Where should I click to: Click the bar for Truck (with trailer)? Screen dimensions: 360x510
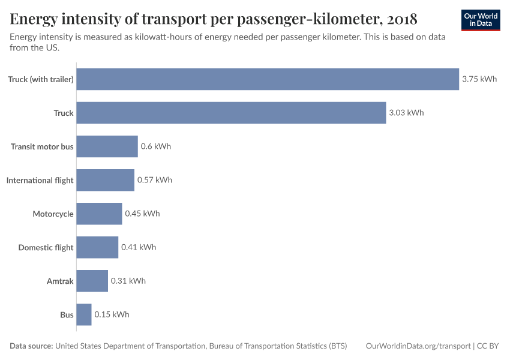[x=268, y=79]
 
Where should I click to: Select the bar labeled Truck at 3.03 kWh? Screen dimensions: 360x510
[x=231, y=113]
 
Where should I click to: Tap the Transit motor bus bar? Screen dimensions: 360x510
[x=107, y=146]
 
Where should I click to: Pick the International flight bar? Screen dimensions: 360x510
[x=105, y=180]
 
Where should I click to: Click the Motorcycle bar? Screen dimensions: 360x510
[x=99, y=214]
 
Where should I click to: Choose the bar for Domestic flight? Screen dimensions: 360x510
[x=97, y=247]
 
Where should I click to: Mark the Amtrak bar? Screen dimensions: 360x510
[x=92, y=281]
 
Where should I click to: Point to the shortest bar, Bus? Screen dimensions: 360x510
[x=84, y=314]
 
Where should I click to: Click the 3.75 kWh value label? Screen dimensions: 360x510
[x=479, y=79]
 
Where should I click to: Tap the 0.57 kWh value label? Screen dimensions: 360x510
[x=154, y=180]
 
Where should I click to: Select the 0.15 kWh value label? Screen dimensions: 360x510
[x=112, y=314]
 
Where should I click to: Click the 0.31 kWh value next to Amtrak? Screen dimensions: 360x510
[x=128, y=281]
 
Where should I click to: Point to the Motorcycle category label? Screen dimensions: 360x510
[x=53, y=214]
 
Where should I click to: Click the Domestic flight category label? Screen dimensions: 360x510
[x=46, y=247]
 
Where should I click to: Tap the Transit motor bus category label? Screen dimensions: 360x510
[x=42, y=146]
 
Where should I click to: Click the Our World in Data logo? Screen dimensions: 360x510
[x=480, y=20]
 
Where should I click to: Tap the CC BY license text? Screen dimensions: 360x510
[x=488, y=346]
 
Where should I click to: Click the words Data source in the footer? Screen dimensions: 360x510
[x=31, y=346]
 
